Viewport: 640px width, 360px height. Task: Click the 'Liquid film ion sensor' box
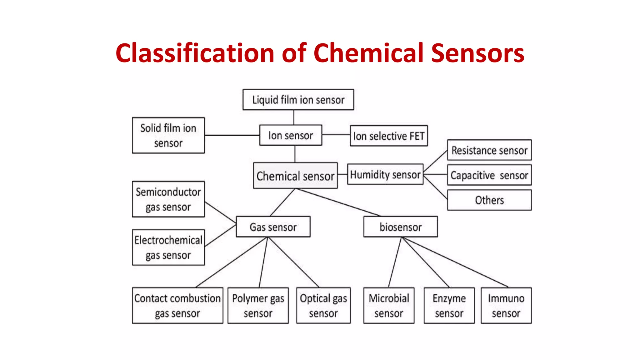298,100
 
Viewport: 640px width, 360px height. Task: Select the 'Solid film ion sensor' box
168,135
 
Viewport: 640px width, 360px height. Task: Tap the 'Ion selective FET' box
389,136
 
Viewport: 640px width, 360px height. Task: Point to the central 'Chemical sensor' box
295,176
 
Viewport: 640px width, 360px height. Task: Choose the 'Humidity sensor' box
385,174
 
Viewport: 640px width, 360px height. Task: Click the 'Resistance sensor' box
489,150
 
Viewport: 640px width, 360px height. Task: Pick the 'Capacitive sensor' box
489,175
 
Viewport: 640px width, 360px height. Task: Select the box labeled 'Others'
489,200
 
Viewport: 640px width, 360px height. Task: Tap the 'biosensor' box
400,227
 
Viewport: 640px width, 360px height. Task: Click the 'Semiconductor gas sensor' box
168,199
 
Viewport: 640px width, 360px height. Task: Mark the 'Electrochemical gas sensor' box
168,247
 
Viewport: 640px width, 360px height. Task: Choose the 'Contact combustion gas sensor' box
177,306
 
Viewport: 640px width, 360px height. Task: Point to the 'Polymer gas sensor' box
258,306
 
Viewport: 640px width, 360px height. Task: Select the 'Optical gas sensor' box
323,306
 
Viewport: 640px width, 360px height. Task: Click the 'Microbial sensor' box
389,306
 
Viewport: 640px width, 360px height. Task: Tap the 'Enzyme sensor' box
449,306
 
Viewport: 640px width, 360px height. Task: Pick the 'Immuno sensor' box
506,306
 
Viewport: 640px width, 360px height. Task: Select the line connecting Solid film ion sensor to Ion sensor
232,135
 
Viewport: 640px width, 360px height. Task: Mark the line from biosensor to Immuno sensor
455,262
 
